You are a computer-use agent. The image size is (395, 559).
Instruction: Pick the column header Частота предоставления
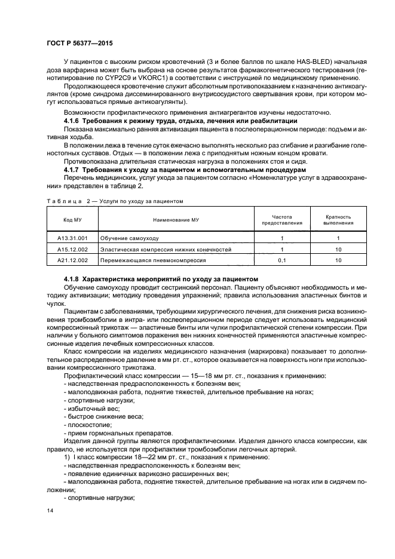[281, 220]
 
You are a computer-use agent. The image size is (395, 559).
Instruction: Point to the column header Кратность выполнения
[338, 220]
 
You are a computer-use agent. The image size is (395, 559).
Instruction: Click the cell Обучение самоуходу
[125, 238]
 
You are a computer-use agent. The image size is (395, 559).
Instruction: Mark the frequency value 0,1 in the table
[281, 260]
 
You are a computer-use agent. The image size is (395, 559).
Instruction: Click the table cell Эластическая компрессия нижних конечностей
[166, 249]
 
